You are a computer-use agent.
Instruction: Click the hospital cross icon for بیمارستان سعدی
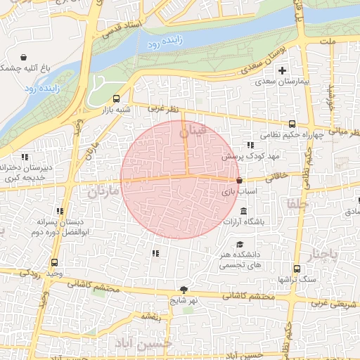(283, 70)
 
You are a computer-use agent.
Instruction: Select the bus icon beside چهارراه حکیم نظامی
(292, 124)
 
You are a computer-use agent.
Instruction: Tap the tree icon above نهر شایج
(184, 289)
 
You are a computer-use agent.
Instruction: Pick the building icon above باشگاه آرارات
(243, 212)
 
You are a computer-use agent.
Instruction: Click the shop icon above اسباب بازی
(240, 181)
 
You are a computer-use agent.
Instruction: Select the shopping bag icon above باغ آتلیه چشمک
(24, 57)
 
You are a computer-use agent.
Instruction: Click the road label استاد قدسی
(122, 30)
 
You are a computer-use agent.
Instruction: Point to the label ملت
(347, 42)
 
